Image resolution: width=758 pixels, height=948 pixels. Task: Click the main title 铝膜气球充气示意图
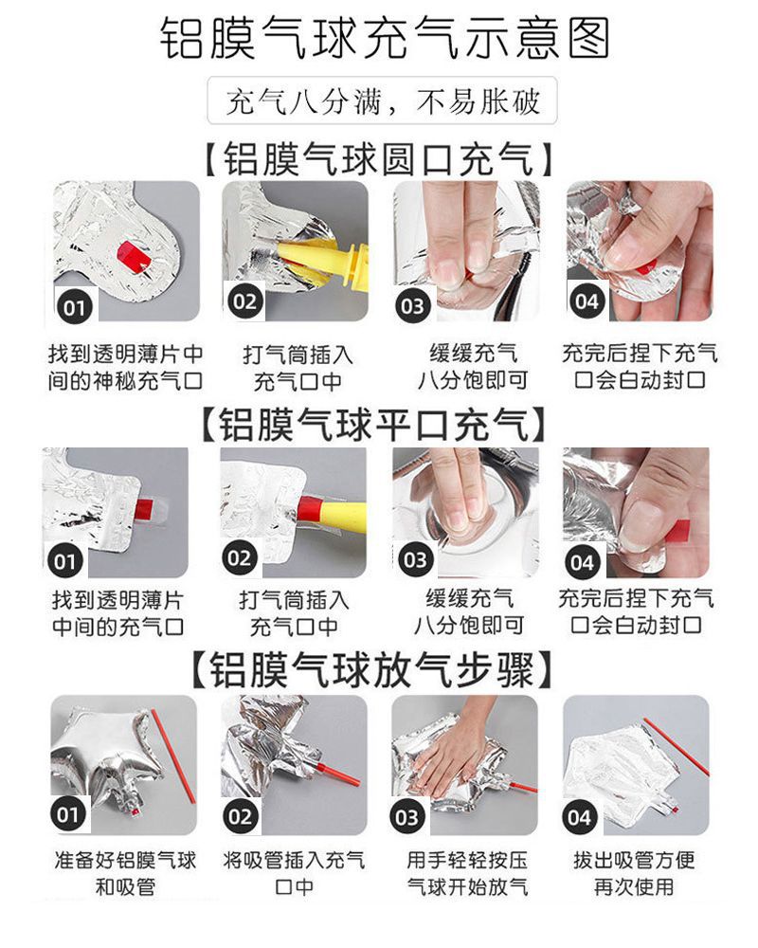385,39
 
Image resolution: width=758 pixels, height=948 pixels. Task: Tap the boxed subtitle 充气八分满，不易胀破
382,101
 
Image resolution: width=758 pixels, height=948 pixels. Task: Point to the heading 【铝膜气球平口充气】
374,425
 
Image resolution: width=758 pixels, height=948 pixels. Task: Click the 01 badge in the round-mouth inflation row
74,307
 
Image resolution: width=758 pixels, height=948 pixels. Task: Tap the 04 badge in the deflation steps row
580,817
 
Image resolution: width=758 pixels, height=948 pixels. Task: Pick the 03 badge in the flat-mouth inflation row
415,560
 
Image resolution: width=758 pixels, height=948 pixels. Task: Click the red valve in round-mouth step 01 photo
134,256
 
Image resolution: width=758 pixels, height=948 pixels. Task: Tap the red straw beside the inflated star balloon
173,757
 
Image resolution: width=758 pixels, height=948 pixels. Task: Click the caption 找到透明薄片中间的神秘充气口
125,368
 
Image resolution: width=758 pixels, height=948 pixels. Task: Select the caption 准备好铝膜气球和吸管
125,873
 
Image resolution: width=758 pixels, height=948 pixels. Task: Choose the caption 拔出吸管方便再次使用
634,873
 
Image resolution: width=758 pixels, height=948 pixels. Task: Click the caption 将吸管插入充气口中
295,873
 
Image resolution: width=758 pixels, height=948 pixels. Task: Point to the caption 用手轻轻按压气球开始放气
467,873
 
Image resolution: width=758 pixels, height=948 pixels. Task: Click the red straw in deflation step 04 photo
676,747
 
